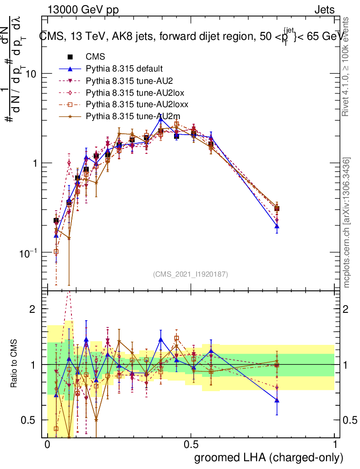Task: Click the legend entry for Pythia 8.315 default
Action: (x=124, y=69)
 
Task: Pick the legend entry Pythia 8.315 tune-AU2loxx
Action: (x=133, y=104)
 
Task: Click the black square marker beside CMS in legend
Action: (x=70, y=57)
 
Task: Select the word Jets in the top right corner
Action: (x=324, y=9)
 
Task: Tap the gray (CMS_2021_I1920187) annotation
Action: (x=191, y=274)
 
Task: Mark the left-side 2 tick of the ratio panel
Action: (x=33, y=309)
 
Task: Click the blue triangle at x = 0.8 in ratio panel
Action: (x=277, y=400)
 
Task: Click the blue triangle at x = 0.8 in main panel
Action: (x=277, y=226)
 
